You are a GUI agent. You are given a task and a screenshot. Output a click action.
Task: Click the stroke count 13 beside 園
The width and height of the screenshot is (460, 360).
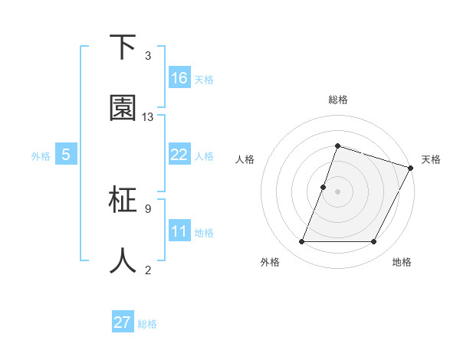[x=148, y=117]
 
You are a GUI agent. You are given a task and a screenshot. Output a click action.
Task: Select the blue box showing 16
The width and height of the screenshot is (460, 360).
[x=179, y=78]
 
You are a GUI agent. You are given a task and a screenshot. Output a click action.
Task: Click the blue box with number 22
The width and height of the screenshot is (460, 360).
[x=179, y=155]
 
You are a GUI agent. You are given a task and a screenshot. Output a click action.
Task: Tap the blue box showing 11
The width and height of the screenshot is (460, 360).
[x=179, y=231]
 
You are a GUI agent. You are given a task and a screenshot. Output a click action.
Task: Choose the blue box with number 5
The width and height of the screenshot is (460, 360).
[x=66, y=155]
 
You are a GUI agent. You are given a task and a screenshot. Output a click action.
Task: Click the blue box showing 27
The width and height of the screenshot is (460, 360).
[x=123, y=322]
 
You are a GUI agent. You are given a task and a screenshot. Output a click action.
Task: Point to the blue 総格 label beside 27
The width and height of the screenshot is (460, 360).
[x=147, y=324]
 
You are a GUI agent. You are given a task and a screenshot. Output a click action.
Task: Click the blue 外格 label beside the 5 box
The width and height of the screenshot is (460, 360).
[x=41, y=156]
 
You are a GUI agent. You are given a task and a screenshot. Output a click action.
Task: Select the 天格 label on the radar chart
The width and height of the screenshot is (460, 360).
[x=431, y=159]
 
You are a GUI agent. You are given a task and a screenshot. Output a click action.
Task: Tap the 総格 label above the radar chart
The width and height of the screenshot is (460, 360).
[x=337, y=100]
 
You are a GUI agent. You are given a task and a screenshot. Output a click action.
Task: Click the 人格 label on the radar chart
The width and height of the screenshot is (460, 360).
[x=245, y=159]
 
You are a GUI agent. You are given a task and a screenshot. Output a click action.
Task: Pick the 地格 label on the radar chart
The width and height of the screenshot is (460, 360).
[x=402, y=262]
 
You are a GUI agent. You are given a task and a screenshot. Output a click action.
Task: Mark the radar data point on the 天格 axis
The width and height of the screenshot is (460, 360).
[x=411, y=168]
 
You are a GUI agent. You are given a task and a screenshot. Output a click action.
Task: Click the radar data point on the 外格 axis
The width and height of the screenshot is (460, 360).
[x=301, y=242]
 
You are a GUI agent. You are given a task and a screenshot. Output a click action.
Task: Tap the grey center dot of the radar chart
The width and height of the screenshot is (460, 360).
[x=337, y=191]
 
